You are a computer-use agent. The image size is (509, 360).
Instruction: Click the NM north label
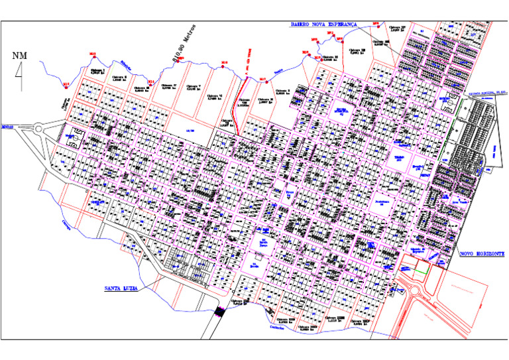(20, 55)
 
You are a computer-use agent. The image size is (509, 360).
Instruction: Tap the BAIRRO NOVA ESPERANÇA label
(323, 24)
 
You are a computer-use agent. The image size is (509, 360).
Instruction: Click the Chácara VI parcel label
(215, 97)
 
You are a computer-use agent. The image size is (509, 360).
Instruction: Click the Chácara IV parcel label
(170, 86)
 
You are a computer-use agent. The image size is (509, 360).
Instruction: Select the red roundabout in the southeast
(416, 289)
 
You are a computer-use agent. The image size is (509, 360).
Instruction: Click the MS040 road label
(8, 125)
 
